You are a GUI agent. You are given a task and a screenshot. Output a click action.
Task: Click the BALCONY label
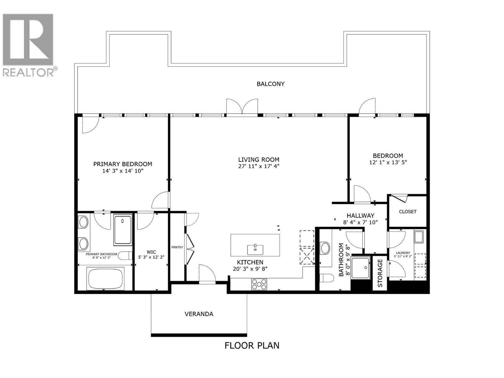click(x=271, y=84)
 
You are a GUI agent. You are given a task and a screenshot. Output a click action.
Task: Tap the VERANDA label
click(x=199, y=314)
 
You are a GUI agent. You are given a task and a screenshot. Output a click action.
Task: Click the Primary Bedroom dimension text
click(x=123, y=171)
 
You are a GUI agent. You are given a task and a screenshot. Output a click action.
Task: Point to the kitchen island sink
click(x=255, y=249)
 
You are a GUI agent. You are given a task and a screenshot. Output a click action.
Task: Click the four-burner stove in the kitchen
click(x=259, y=284)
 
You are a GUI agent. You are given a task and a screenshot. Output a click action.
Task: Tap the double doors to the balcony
click(x=242, y=107)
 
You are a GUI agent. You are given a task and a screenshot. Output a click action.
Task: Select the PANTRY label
click(x=177, y=247)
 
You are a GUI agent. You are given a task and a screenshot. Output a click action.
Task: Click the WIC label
click(x=151, y=252)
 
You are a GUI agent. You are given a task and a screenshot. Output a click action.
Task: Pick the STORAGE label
click(x=380, y=273)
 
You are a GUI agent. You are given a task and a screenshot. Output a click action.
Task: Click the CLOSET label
click(x=408, y=212)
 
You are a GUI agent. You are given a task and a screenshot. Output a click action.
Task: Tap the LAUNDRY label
click(x=403, y=253)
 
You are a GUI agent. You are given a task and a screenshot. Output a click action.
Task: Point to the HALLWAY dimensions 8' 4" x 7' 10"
click(x=360, y=222)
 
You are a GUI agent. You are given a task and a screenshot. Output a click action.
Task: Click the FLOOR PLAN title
click(x=252, y=345)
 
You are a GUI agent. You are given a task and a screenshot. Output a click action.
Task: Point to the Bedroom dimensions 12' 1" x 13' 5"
click(x=388, y=163)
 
